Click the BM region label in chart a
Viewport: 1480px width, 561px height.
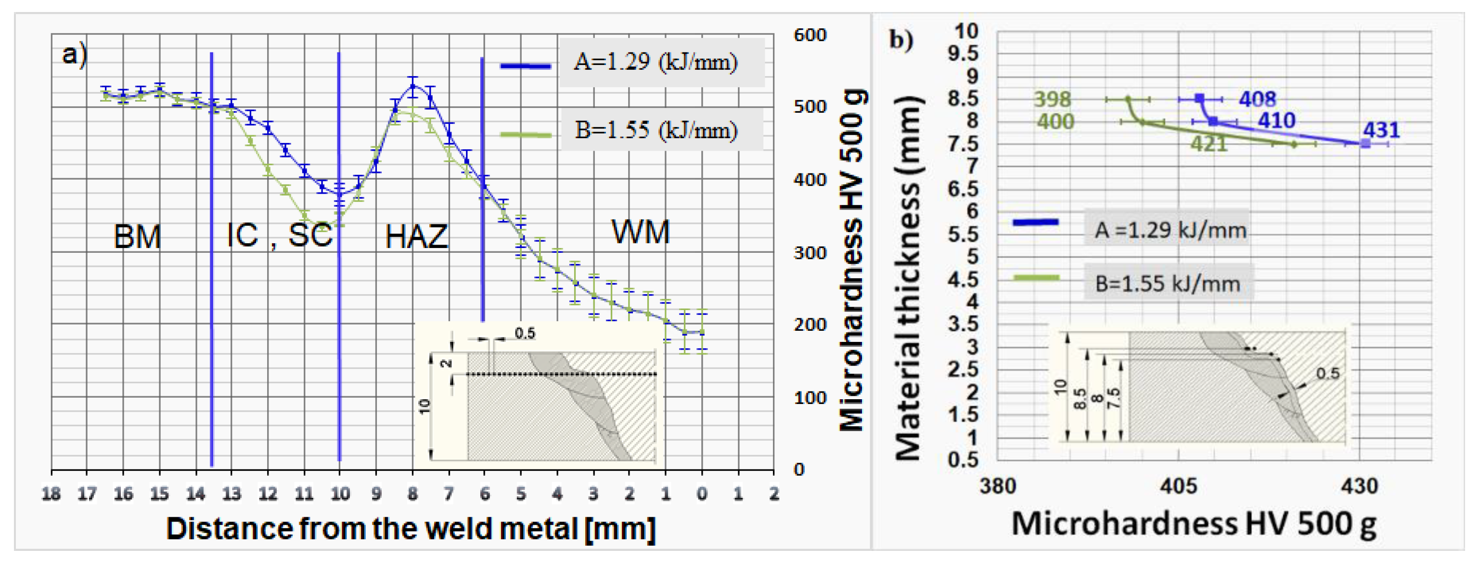click(x=137, y=237)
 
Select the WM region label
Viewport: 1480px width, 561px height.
click(x=641, y=232)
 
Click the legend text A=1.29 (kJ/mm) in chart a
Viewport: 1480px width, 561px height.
click(x=656, y=62)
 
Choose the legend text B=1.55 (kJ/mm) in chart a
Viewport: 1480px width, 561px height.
click(x=656, y=130)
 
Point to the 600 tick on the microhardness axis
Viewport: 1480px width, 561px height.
click(x=810, y=35)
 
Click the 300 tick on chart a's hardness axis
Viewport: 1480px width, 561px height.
click(x=810, y=253)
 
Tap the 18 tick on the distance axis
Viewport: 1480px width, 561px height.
click(x=51, y=494)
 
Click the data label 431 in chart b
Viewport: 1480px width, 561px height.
click(x=1381, y=130)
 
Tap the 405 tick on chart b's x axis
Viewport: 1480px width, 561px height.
click(x=1178, y=486)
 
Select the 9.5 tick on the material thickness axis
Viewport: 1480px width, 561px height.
click(x=963, y=53)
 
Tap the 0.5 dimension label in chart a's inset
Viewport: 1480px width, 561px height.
click(x=525, y=333)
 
